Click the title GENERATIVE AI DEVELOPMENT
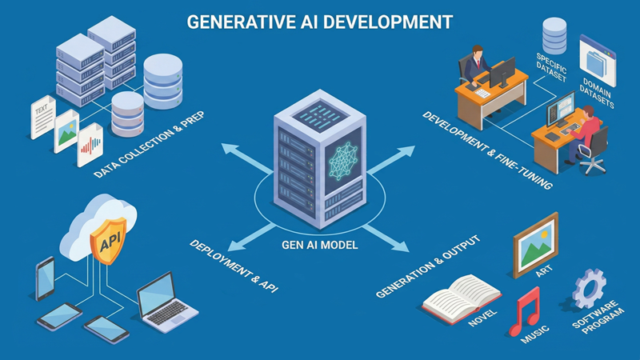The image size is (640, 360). (319, 21)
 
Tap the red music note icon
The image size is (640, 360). (524, 308)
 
